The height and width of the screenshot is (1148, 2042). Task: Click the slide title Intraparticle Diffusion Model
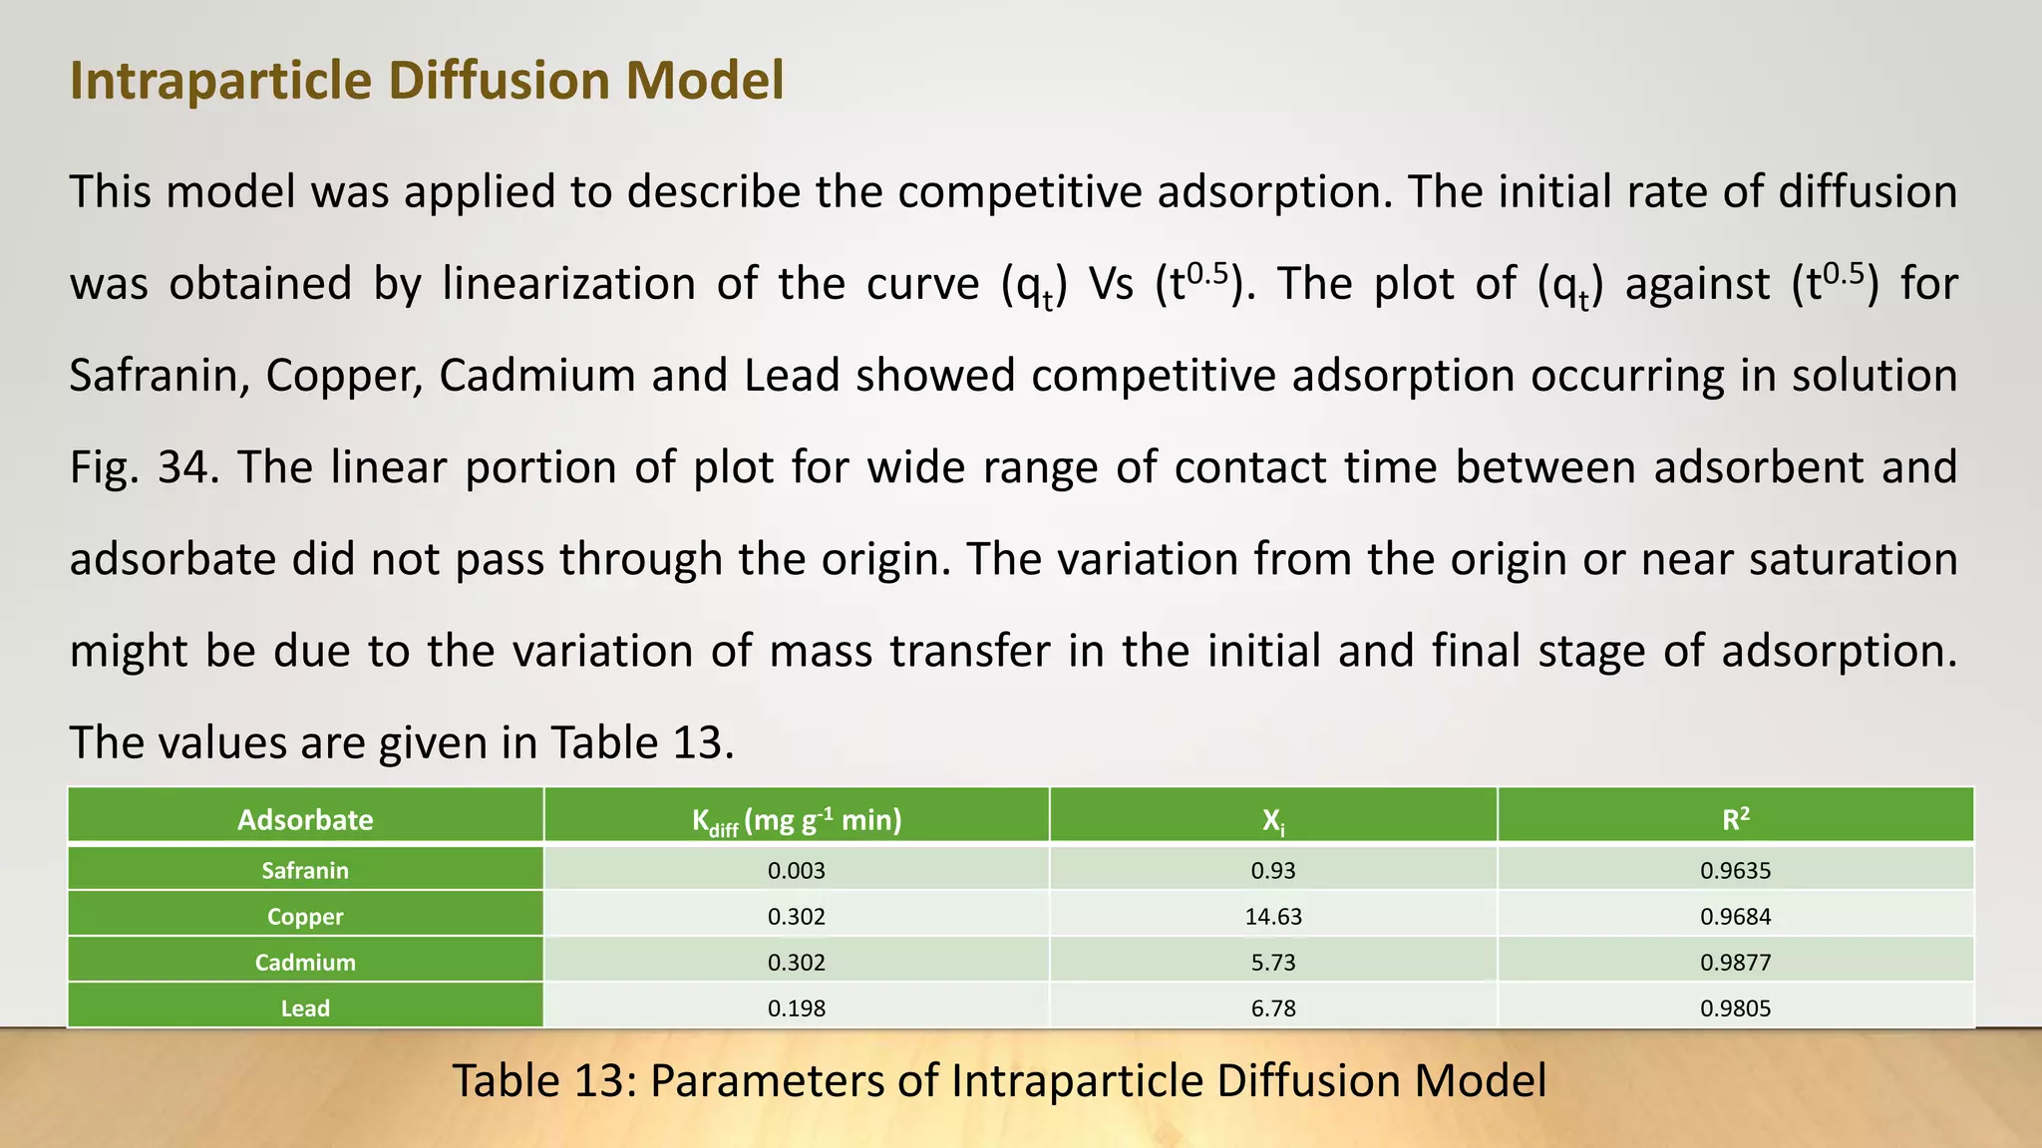click(427, 81)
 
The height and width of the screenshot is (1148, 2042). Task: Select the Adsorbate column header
click(305, 820)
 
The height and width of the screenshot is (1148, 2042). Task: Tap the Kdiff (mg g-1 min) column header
click(797, 821)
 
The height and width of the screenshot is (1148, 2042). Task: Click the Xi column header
click(1273, 821)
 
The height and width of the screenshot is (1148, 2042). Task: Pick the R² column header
click(1735, 820)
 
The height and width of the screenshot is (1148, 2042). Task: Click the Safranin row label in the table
click(305, 870)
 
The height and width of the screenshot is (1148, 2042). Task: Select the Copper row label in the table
click(305, 916)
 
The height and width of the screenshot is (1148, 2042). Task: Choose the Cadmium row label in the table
click(305, 962)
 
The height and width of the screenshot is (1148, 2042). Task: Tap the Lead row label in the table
click(305, 1007)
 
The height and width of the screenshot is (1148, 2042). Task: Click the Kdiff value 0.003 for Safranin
click(797, 870)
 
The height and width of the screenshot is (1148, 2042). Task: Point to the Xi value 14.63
click(1273, 916)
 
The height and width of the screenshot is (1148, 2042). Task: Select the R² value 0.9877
click(1735, 962)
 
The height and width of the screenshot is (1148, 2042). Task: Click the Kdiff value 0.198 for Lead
click(797, 1007)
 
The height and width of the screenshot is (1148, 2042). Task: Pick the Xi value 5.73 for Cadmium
click(1273, 962)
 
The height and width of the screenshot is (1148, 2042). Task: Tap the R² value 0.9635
click(1735, 870)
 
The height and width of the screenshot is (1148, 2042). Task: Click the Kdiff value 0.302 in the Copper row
click(797, 916)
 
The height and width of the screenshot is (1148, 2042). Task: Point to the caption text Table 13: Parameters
click(999, 1080)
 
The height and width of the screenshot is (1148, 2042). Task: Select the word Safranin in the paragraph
click(160, 376)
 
